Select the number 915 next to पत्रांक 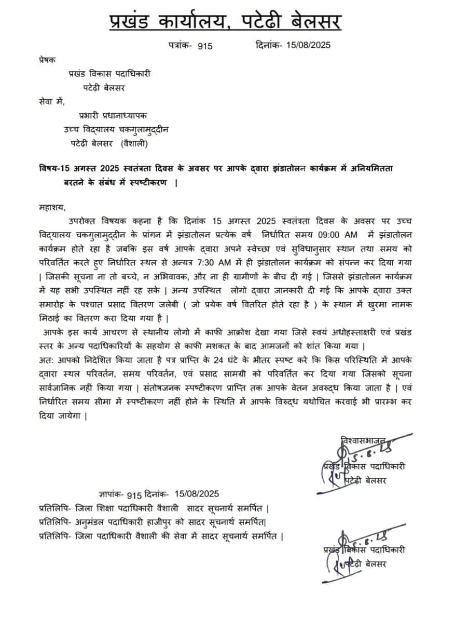point(205,46)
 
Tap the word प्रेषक point(49,60)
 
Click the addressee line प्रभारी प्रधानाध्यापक point(116,115)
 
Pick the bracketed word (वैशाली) point(137,143)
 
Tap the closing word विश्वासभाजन point(363,440)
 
